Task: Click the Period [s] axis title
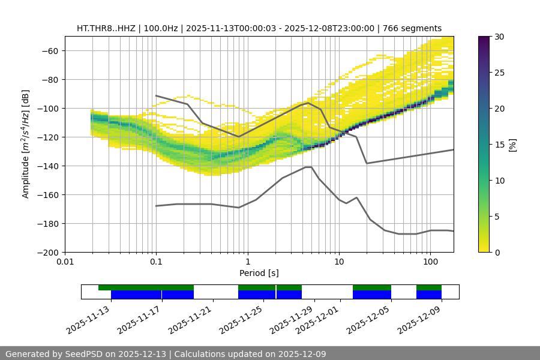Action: (x=259, y=274)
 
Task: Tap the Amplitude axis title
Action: (x=26, y=144)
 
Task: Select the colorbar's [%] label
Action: (x=512, y=145)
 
